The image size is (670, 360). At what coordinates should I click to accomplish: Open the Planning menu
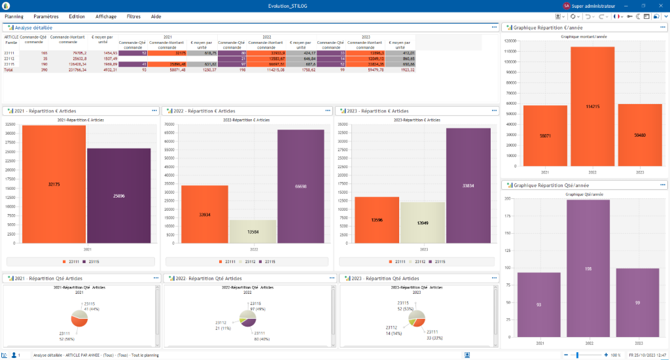pyautogui.click(x=14, y=16)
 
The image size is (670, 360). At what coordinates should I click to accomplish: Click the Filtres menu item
pyautogui.click(x=133, y=16)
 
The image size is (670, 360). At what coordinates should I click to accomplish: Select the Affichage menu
pyautogui.click(x=106, y=16)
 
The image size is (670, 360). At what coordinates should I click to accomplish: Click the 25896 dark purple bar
pyautogui.click(x=118, y=196)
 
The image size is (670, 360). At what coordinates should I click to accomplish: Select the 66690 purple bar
pyautogui.click(x=300, y=187)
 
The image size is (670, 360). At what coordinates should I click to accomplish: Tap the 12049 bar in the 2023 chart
pyautogui.click(x=422, y=223)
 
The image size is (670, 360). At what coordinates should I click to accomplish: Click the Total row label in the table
pyautogui.click(x=9, y=69)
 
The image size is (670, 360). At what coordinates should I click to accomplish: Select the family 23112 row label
pyautogui.click(x=10, y=58)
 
